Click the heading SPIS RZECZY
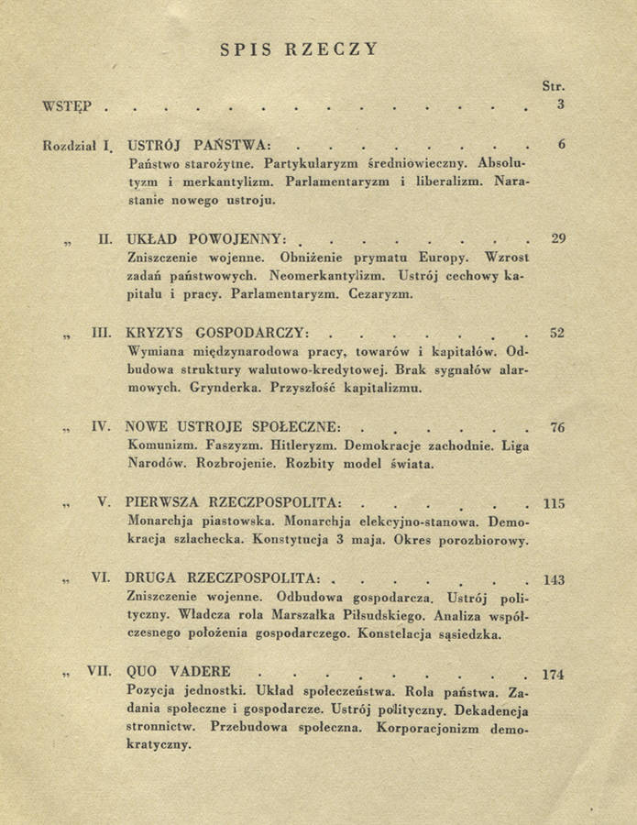[x=299, y=49]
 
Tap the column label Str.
[x=553, y=85]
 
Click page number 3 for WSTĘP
[x=560, y=104]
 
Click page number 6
[x=560, y=144]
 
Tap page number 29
[x=558, y=238]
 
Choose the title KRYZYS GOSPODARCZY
[x=216, y=333]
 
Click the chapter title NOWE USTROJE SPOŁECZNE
[x=234, y=426]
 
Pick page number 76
[x=556, y=426]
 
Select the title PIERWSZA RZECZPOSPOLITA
[x=235, y=503]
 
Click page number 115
[x=554, y=503]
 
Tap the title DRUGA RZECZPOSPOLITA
[x=224, y=579]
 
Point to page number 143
[x=554, y=579]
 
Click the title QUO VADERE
[x=179, y=671]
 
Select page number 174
[x=553, y=675]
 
